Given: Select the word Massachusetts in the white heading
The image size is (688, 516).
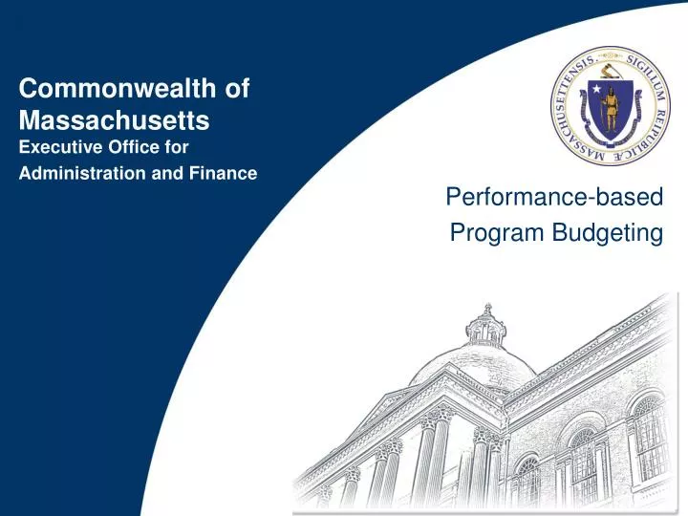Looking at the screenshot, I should click(115, 121).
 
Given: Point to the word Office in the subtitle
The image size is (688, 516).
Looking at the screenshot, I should click(133, 147).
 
